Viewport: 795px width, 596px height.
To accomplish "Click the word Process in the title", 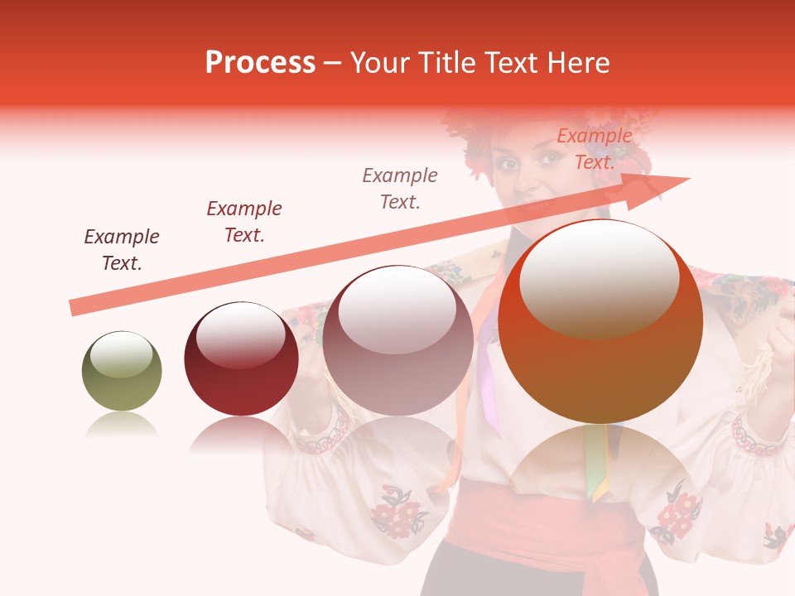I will point(260,63).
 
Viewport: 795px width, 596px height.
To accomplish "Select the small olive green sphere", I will point(122,372).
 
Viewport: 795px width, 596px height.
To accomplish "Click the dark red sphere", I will point(241,359).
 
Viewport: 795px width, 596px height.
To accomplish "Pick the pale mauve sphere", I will point(397,341).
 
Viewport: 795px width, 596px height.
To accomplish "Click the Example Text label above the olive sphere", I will point(122,250).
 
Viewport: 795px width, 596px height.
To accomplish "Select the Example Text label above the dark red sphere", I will point(244,222).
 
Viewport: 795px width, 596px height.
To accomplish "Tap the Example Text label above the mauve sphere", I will point(400,189).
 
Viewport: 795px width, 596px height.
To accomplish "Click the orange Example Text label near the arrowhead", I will point(595,149).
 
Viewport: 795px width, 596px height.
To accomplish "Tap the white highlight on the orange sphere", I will point(599,277).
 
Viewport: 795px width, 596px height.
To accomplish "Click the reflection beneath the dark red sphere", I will point(240,434).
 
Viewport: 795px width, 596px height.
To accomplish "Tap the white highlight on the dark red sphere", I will point(240,334).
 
